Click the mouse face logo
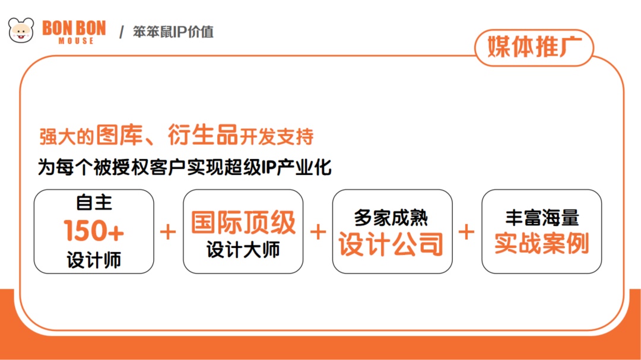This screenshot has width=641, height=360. (21, 30)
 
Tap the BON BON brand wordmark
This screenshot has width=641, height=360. (74, 28)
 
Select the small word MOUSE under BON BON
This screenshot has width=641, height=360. (76, 41)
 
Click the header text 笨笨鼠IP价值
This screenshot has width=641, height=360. (173, 32)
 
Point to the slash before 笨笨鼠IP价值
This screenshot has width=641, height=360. (122, 32)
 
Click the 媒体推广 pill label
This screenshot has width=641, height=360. (534, 47)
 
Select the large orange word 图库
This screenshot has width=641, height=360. (119, 135)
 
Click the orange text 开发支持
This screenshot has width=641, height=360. (277, 136)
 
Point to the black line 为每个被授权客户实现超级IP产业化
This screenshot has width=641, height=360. (185, 167)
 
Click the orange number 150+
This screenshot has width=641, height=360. (94, 231)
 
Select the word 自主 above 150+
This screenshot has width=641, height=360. (94, 203)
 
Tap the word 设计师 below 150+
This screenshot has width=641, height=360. (94, 260)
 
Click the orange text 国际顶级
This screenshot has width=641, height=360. (243, 222)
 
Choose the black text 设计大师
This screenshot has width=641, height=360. (243, 250)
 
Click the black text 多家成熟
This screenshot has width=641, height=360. (391, 218)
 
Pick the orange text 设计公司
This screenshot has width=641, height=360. (391, 244)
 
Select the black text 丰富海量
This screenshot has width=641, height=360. (542, 218)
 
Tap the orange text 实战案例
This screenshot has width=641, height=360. (542, 243)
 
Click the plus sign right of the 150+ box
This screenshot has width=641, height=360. (167, 232)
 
